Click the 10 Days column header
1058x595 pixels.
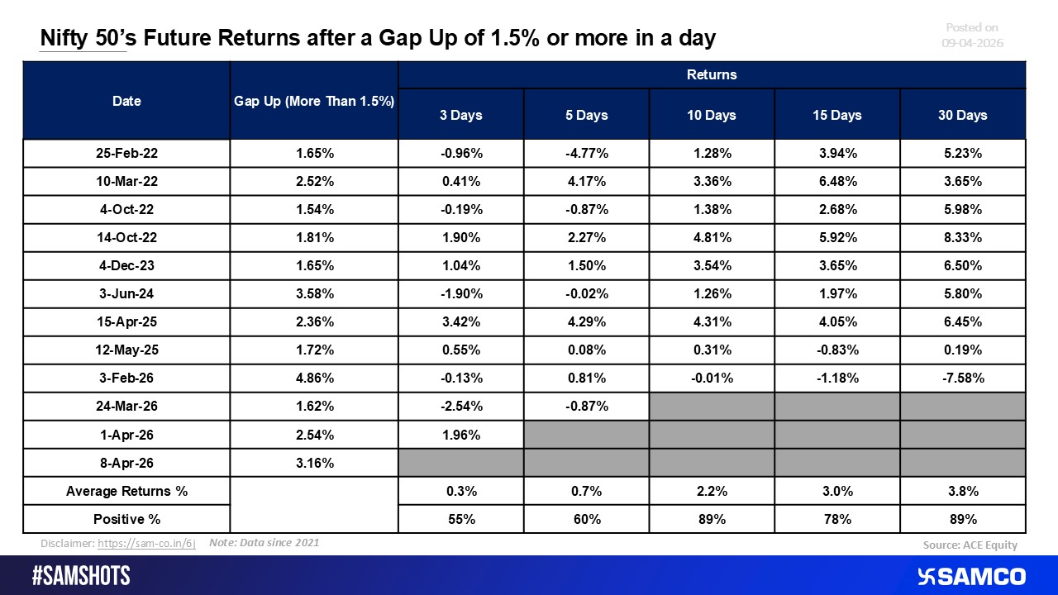(712, 115)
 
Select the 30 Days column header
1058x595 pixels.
(962, 115)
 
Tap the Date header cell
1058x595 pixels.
(126, 101)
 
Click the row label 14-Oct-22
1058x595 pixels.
(126, 238)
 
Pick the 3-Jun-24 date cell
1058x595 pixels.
(126, 294)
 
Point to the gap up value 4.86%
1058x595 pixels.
(314, 378)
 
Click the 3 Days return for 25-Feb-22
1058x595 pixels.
(460, 154)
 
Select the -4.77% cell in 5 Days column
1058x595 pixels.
(586, 154)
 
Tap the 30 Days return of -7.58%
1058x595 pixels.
(962, 378)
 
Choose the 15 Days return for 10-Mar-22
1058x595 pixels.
(837, 182)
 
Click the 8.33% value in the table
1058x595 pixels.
(962, 238)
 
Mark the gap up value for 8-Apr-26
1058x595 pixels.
(314, 463)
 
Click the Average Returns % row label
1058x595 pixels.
(126, 491)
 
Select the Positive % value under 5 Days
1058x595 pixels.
(586, 519)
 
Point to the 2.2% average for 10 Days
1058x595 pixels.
(712, 491)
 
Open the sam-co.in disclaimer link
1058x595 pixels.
(146, 545)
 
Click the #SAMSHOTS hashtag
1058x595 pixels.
(81, 576)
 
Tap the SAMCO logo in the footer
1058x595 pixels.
(971, 576)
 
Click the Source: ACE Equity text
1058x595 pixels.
(970, 545)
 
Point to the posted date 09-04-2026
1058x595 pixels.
(972, 42)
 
